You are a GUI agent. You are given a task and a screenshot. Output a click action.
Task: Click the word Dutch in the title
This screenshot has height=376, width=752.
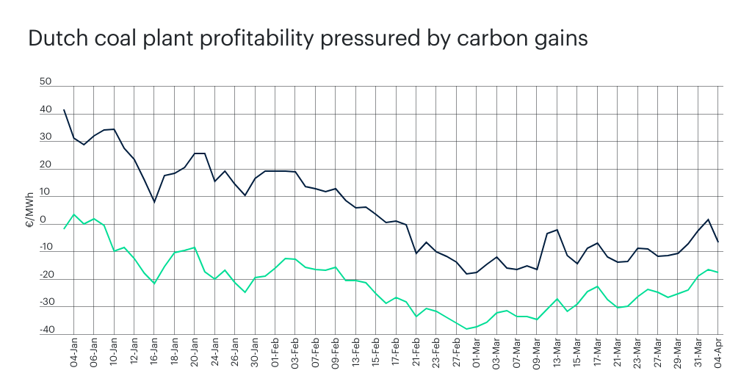[x=54, y=39]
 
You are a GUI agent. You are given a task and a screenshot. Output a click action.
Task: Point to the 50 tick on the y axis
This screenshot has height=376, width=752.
[x=46, y=82]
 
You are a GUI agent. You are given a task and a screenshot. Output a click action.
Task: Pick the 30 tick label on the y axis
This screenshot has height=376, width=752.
[x=46, y=137]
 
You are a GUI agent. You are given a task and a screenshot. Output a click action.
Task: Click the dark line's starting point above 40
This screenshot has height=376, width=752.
[x=64, y=109]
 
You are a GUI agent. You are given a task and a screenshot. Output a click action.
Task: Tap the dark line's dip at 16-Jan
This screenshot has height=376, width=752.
[x=154, y=202]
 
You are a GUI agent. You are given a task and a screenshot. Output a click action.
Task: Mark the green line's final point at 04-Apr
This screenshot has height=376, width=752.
[x=717, y=272]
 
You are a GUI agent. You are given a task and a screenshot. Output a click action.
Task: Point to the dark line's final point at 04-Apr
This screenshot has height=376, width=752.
[x=717, y=242]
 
